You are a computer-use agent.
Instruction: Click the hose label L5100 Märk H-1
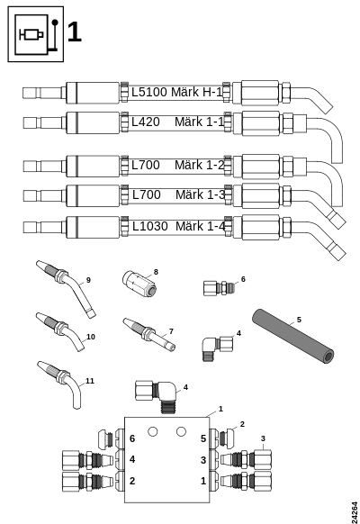176,92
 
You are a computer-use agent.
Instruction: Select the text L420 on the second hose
146,122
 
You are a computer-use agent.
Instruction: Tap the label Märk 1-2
200,165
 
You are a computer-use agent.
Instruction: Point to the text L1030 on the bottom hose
150,226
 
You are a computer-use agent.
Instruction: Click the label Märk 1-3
201,194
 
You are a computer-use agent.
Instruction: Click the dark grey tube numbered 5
292,336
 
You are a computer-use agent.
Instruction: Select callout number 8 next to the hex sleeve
156,272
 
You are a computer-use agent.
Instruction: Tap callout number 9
88,280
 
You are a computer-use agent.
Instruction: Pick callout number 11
90,381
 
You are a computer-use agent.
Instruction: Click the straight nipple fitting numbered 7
148,334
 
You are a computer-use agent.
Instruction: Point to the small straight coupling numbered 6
219,288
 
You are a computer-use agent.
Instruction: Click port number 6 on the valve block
132,438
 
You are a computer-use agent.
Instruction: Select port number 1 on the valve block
203,481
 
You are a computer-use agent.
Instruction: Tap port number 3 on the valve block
203,460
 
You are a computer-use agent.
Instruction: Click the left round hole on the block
152,432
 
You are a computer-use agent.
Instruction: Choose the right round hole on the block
181,432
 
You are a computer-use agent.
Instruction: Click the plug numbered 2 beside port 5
227,438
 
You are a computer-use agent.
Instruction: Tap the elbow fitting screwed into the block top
157,395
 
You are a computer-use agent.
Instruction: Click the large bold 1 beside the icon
74,32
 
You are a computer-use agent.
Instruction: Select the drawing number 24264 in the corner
355,512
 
